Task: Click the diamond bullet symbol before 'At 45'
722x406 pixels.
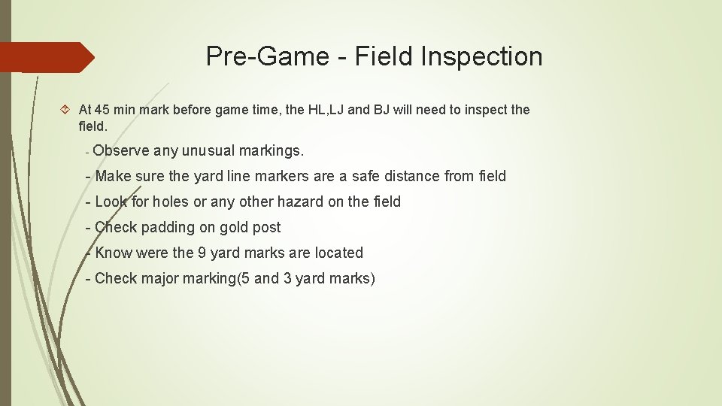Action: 66,110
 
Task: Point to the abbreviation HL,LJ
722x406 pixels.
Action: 326,110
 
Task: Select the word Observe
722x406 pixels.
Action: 121,150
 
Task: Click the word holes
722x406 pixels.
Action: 171,201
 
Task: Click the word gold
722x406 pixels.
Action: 232,227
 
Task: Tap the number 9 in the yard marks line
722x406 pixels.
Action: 202,253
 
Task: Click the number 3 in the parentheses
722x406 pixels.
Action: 287,278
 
